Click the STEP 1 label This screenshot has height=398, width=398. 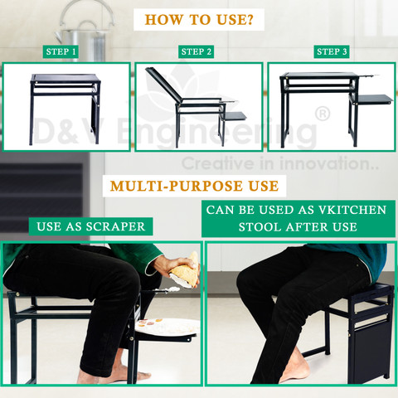coord(61,51)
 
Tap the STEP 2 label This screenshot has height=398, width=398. coord(196,51)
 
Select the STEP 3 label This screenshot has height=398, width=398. coord(332,51)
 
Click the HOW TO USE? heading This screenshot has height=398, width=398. coord(199,20)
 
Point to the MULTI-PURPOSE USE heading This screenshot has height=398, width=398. coord(194,186)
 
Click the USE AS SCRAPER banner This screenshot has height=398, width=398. coord(90,226)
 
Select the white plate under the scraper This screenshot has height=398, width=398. coord(167,327)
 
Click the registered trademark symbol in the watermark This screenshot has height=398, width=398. coord(323,114)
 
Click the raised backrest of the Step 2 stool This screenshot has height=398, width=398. coord(163,83)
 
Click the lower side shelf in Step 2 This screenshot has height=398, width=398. coord(234,116)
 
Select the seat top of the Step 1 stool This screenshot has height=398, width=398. coord(66,78)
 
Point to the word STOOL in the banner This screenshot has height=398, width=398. coord(260,227)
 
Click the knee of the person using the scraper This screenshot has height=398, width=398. coord(126,280)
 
